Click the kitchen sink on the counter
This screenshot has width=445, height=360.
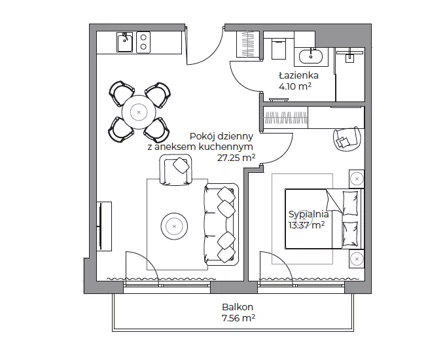coord(124,42)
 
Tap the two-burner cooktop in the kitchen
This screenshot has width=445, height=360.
coord(143,42)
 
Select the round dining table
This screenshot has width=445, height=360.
coord(139,112)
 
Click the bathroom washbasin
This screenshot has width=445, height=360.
coord(311,57)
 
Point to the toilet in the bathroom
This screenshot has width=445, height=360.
coord(279,49)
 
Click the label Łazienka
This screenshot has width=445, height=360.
coord(298,75)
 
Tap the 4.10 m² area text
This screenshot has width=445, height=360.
coord(295,86)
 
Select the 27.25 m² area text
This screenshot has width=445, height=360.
coord(236,158)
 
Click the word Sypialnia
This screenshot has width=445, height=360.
coord(308,214)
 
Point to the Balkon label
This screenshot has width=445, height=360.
coord(238,307)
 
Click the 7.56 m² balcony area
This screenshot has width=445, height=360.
coord(238,318)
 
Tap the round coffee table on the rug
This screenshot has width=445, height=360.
coord(174,226)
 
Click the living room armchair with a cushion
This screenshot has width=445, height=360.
coord(176,170)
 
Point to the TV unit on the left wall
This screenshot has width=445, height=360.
coord(104,226)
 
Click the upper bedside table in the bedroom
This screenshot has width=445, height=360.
coord(356,179)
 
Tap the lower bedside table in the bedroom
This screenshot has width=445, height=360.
coord(356,259)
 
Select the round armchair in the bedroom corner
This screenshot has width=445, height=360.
coord(347,139)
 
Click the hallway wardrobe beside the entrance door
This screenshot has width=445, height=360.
coord(248,45)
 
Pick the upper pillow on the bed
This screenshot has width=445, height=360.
coord(350,204)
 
